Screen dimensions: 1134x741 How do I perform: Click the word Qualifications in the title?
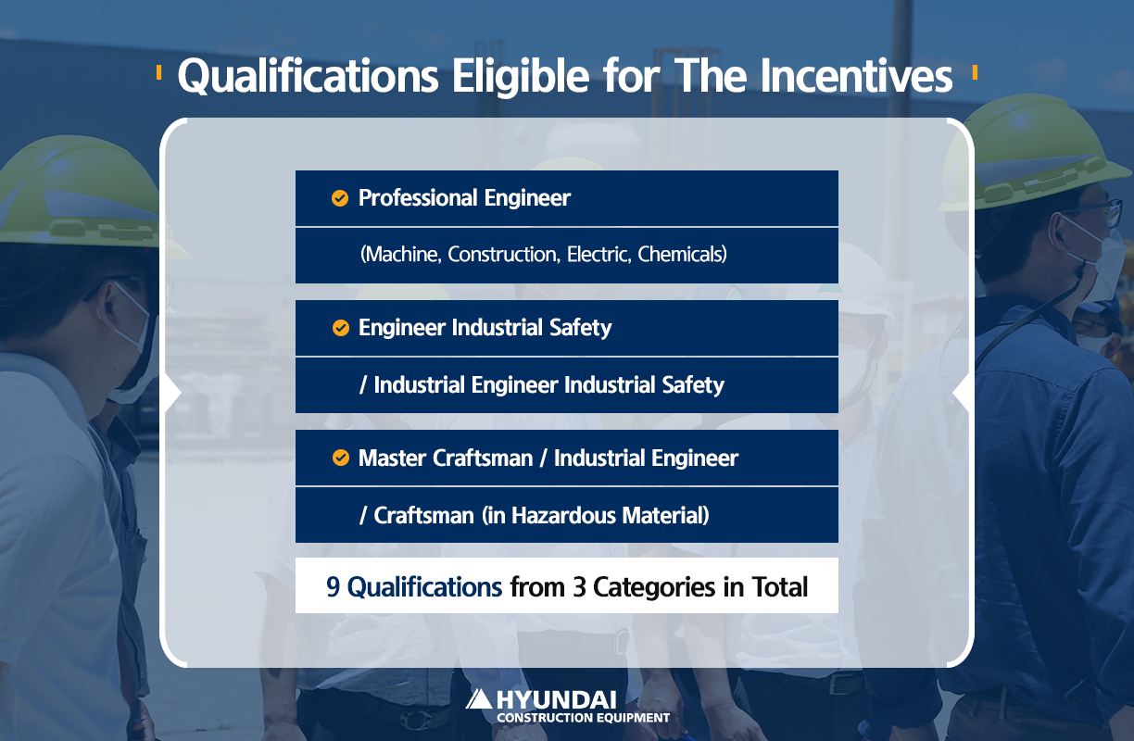(308, 76)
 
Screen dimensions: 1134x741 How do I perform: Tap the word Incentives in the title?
(857, 76)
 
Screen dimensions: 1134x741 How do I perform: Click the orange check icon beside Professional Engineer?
(340, 198)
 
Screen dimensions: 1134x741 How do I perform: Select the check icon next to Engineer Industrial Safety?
(341, 328)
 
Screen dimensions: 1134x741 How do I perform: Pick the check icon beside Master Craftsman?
(341, 458)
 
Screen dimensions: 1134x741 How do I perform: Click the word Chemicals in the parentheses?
(682, 255)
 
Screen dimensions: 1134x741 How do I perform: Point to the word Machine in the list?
(401, 255)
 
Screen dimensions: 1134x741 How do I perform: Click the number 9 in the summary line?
(333, 587)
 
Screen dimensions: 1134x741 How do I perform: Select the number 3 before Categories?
(579, 587)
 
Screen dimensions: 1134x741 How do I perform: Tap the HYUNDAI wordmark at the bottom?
(556, 700)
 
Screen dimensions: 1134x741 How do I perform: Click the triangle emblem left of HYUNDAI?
(478, 699)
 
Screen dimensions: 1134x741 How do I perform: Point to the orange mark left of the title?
(159, 72)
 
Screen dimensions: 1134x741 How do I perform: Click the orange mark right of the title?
(975, 72)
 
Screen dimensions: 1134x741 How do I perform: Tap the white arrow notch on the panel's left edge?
(173, 393)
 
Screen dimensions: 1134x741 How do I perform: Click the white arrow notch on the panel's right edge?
(961, 393)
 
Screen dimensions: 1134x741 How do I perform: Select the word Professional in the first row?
(418, 198)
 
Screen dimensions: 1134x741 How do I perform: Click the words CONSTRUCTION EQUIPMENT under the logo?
(583, 718)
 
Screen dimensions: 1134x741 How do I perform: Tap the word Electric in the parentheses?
(598, 255)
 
